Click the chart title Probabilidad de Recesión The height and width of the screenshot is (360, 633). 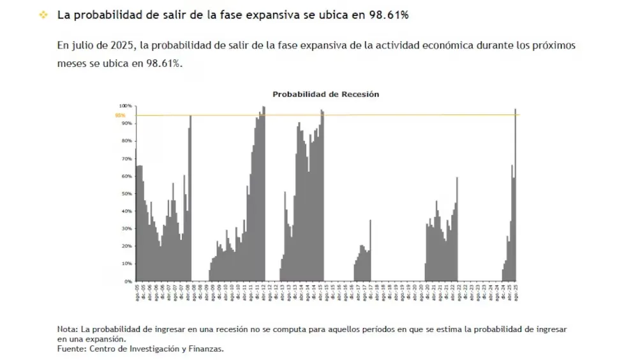(325, 94)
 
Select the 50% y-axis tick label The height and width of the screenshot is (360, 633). (126, 193)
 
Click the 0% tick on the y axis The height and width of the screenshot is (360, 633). (128, 281)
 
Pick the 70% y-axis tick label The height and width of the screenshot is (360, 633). (126, 158)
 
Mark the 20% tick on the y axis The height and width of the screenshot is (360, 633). (126, 246)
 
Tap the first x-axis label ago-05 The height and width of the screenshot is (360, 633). (137, 292)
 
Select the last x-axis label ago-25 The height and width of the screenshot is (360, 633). (516, 292)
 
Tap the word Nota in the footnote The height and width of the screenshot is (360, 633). (67, 329)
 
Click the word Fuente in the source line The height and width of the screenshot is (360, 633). (71, 349)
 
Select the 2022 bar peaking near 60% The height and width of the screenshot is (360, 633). (457, 230)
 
